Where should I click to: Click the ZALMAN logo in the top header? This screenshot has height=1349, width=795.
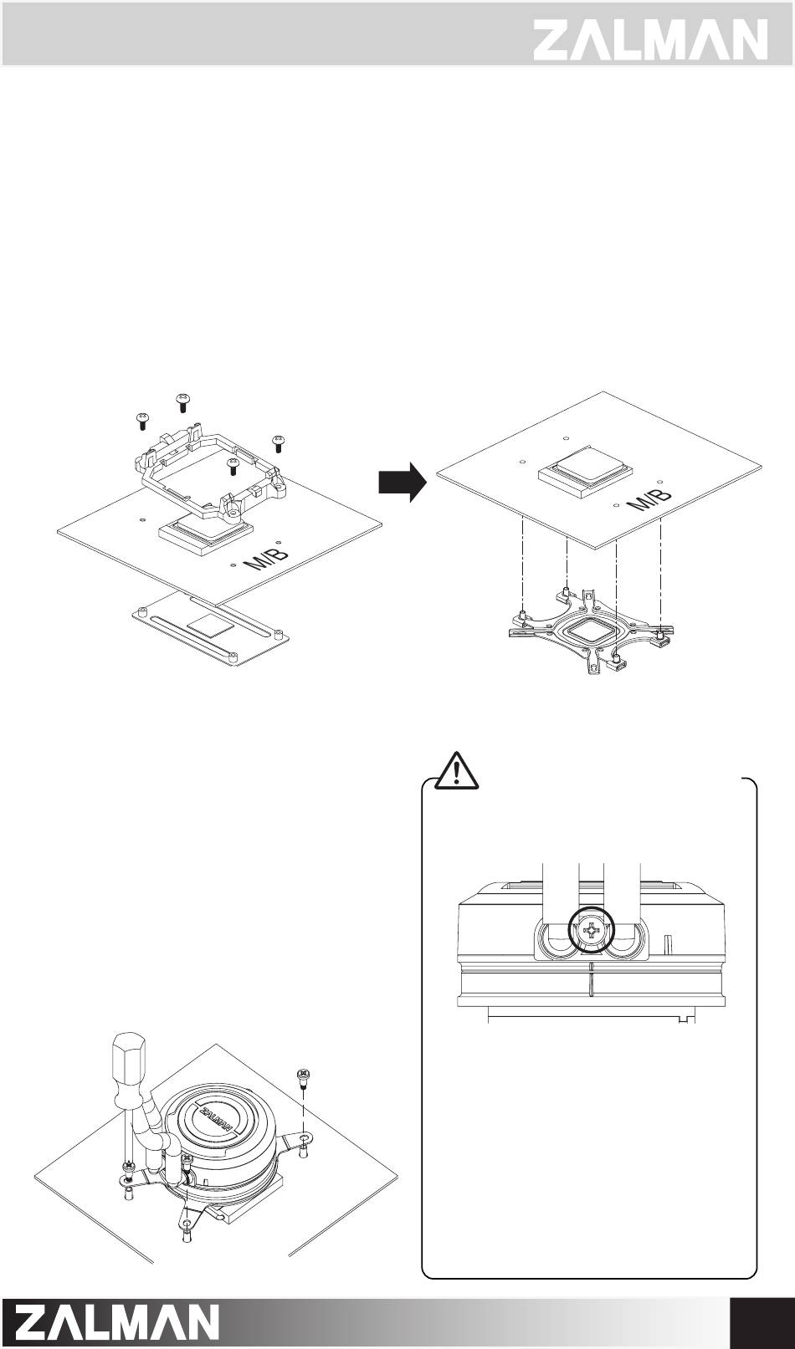tap(650, 38)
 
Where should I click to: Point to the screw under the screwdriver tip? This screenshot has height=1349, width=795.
tap(128, 1166)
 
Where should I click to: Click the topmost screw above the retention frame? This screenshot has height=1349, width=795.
tap(184, 401)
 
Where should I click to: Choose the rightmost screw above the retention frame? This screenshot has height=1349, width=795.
tap(279, 441)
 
